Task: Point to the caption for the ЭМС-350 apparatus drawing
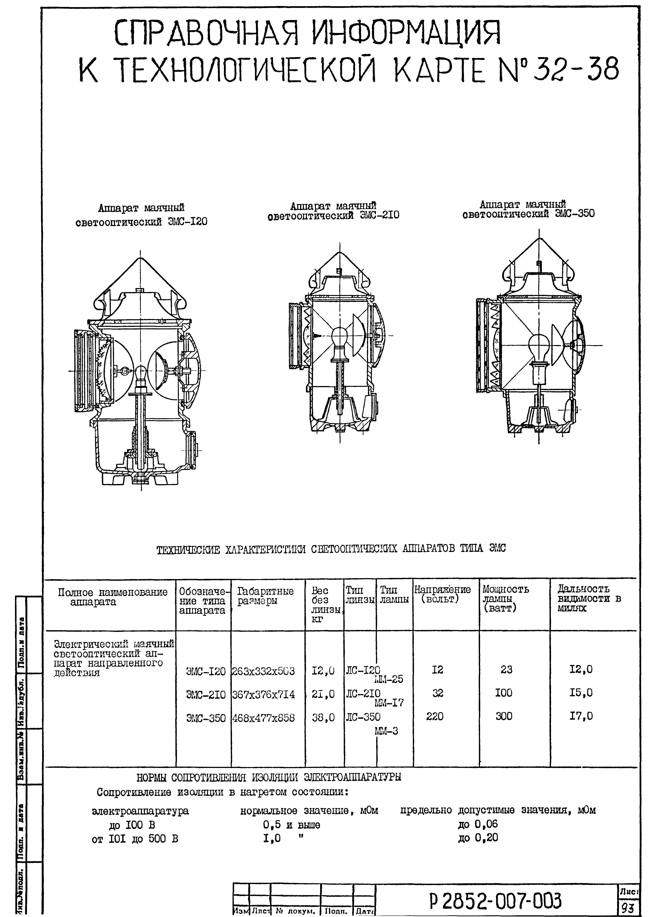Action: [x=528, y=209]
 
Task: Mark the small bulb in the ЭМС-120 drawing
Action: [x=141, y=374]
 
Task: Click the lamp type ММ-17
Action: [x=389, y=702]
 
